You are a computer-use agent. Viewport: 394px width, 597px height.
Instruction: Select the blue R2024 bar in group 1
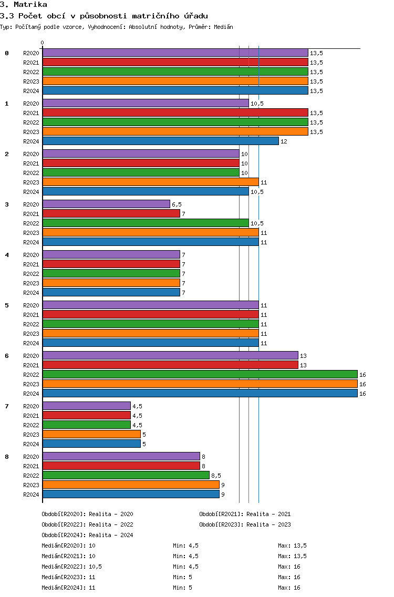pyautogui.click(x=160, y=141)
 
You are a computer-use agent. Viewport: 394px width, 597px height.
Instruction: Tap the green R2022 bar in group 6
pyautogui.click(x=200, y=375)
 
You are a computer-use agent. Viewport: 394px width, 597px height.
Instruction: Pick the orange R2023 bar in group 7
pyautogui.click(x=91, y=435)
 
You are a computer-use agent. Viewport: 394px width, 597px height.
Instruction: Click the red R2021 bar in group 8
pyautogui.click(x=121, y=466)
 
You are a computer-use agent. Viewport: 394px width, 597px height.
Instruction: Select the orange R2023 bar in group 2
pyautogui.click(x=150, y=182)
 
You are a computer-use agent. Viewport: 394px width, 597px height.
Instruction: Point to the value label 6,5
pyautogui.click(x=177, y=204)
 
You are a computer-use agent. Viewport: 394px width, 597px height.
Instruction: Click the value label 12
pyautogui.click(x=284, y=141)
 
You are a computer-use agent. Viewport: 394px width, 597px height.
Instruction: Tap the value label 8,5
pyautogui.click(x=216, y=476)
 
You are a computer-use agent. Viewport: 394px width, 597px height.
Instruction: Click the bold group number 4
pyautogui.click(x=7, y=255)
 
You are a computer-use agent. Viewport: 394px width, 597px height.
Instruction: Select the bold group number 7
pyautogui.click(x=7, y=406)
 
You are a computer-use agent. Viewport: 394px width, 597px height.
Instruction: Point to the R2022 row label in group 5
pyautogui.click(x=31, y=324)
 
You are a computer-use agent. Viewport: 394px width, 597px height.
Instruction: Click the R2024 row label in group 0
pyautogui.click(x=31, y=91)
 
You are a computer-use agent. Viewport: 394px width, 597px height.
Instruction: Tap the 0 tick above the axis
pyautogui.click(x=43, y=43)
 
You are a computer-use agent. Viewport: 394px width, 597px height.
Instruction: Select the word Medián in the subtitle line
pyautogui.click(x=223, y=27)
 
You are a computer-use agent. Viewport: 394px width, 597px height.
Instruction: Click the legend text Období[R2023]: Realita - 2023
pyautogui.click(x=245, y=524)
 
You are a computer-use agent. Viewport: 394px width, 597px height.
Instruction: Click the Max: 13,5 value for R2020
pyautogui.click(x=292, y=545)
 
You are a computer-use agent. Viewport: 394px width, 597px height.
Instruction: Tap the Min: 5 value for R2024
pyautogui.click(x=183, y=588)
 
